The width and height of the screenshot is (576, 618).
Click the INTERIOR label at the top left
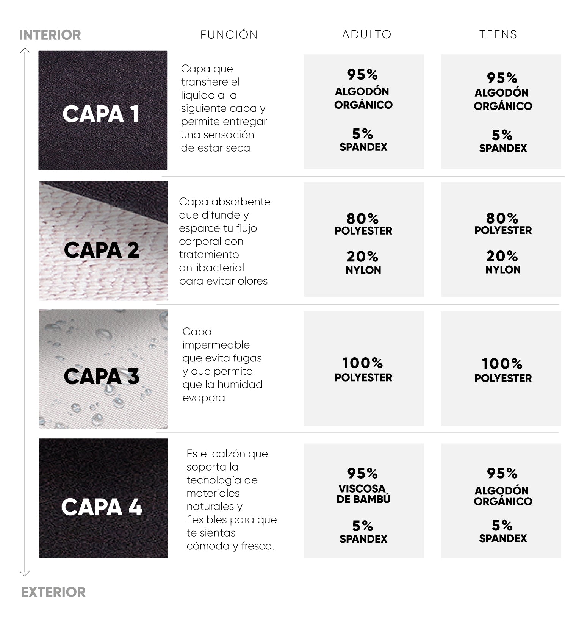[50, 35]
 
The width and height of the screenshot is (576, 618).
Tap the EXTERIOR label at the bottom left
[53, 592]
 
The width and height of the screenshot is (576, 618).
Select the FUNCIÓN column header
[229, 34]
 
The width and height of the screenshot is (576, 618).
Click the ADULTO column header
[366, 34]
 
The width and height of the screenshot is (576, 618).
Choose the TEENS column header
[498, 34]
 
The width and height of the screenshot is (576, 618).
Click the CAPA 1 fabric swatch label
[101, 114]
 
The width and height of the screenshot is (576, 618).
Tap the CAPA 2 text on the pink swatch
[102, 250]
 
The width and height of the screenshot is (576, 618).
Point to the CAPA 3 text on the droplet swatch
[102, 376]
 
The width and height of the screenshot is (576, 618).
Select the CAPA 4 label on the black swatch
[102, 507]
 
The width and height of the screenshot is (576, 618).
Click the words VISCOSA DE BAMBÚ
[363, 494]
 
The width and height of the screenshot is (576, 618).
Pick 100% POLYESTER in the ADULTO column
[363, 369]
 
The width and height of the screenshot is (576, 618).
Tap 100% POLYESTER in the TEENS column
[502, 370]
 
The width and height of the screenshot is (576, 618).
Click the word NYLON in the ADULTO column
[363, 270]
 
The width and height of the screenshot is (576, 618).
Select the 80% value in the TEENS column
[502, 218]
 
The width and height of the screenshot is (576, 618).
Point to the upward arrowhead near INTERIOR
[25, 50]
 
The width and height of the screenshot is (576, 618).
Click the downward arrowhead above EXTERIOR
[25, 573]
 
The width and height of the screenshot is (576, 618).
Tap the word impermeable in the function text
[216, 345]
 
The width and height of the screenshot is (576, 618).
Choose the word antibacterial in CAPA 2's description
[211, 268]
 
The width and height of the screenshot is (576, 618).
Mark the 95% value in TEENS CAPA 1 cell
[502, 78]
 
